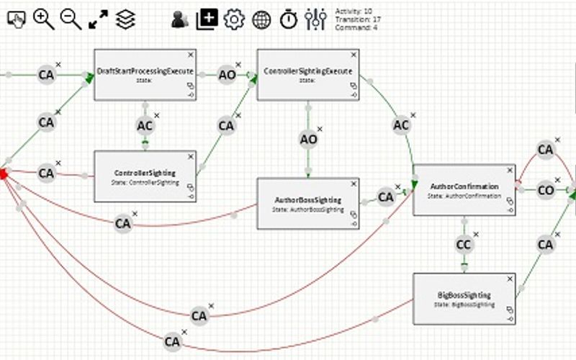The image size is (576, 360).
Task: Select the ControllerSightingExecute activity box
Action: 307,74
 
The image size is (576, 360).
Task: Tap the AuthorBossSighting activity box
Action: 308,204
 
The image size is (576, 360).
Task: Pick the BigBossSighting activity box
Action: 464,298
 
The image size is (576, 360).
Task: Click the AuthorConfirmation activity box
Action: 464,189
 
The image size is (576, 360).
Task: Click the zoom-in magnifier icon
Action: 44,19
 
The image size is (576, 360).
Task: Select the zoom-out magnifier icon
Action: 71,19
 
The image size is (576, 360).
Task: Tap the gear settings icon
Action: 234,19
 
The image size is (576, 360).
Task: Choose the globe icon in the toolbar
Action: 261,19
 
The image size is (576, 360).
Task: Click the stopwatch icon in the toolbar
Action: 289,19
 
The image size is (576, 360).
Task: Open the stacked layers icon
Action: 125,19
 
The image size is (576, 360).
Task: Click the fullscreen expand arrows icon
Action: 98,19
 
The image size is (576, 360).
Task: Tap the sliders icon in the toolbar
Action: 315,19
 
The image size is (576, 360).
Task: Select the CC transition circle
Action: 465,245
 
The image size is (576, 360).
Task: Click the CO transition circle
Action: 546,191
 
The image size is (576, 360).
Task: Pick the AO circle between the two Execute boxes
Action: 227,75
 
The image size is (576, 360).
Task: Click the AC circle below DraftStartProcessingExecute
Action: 145,125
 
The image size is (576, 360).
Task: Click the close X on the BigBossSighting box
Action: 510,279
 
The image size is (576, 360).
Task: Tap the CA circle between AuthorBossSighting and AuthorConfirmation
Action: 386,197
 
